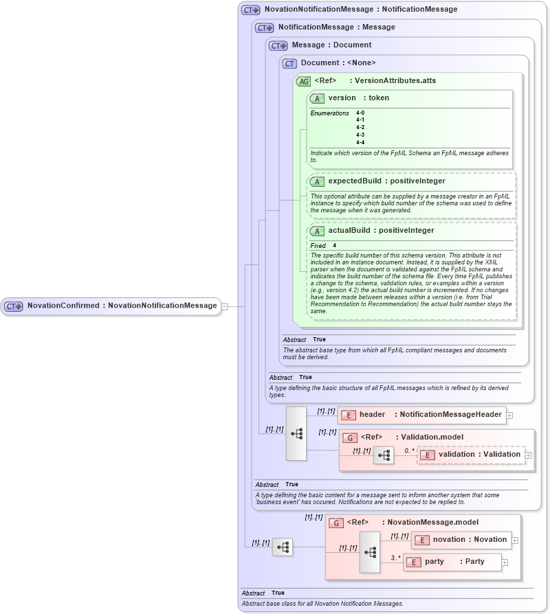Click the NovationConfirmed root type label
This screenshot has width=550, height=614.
[121, 306]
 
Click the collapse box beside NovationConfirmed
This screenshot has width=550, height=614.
[224, 306]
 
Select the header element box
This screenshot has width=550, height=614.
[421, 414]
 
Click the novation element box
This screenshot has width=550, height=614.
[461, 540]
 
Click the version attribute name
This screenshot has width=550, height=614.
[342, 98]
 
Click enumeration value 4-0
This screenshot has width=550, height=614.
[360, 113]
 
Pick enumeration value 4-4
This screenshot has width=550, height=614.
[360, 142]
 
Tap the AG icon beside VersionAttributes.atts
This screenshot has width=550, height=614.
[303, 82]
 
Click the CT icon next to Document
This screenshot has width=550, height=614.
[289, 63]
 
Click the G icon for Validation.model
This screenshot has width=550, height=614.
[349, 437]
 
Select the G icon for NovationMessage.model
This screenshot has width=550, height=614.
[335, 523]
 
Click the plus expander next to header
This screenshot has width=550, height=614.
[509, 415]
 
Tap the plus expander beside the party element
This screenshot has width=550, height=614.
[505, 562]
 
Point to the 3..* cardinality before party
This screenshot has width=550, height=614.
[395, 558]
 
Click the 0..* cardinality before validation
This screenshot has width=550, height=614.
[409, 451]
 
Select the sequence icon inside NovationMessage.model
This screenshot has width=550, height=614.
[370, 552]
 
